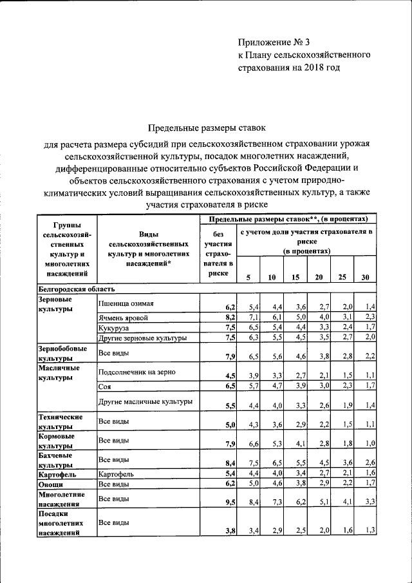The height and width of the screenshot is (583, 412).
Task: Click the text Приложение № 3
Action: point(274,43)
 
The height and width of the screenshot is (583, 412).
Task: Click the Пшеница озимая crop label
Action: point(126,303)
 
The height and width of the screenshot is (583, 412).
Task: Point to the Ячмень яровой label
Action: point(124,318)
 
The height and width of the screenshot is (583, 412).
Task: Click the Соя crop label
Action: point(105,387)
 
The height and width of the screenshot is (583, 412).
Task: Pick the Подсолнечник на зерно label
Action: point(137,372)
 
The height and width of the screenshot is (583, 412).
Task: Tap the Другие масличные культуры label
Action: point(145,402)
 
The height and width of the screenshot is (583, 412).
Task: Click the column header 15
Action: point(296,278)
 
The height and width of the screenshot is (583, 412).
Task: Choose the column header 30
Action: point(366,278)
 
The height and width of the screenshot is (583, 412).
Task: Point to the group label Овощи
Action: point(50,484)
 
